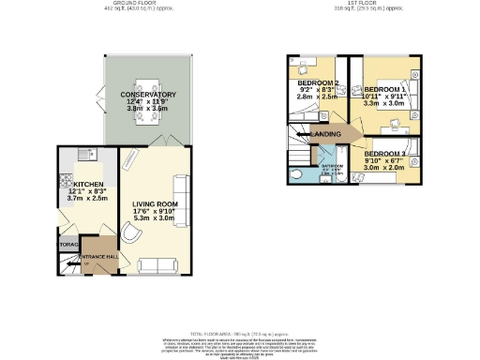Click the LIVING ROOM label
point(156,203)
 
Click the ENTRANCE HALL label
point(97,256)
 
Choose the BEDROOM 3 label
point(385,153)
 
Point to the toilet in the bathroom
point(297,173)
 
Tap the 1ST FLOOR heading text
point(357,4)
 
